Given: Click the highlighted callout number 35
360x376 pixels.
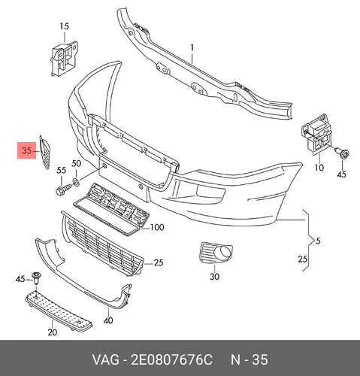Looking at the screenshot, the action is [26, 150].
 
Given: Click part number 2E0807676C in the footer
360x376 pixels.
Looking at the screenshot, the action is [171, 360].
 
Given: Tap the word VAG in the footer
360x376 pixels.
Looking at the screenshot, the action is [106, 360].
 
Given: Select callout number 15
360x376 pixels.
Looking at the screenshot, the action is [65, 26].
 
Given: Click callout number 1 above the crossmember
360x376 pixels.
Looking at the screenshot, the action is [192, 47].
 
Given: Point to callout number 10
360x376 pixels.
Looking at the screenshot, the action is [319, 167].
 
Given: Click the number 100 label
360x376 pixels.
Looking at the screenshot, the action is [157, 227].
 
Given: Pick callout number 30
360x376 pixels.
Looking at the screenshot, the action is [214, 277].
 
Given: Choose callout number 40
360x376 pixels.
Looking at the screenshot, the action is [108, 320].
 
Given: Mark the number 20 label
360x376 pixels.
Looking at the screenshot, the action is [53, 332].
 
